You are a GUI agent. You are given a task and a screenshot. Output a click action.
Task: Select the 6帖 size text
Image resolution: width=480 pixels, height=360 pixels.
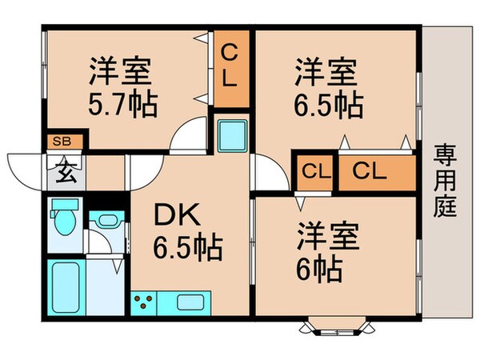click(323, 267)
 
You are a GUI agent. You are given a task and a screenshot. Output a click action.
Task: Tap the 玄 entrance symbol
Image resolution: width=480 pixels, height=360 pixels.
click(63, 170)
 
